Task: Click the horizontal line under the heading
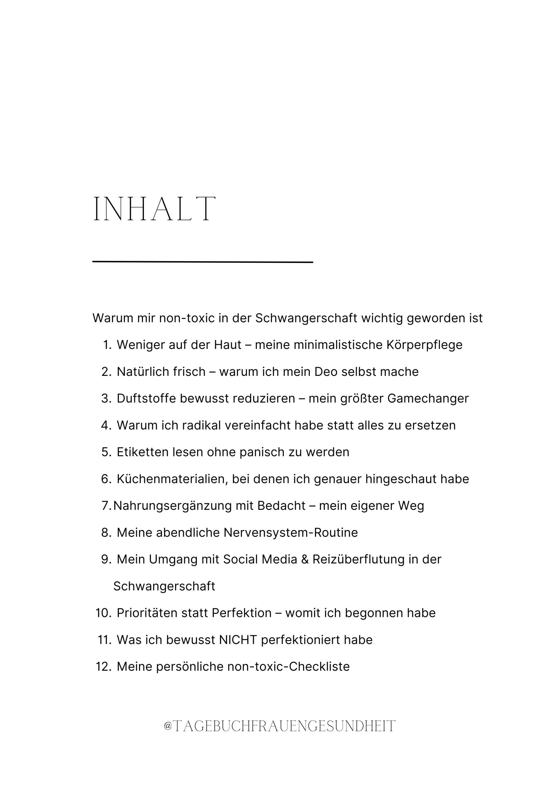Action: pos(203,262)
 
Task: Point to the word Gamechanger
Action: pos(428,398)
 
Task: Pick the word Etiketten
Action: pos(143,452)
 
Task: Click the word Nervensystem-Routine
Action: pos(291,533)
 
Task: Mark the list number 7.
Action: pos(106,506)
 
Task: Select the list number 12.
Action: pos(103,666)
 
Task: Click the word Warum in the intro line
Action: pos(113,318)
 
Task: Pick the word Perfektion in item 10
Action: pos(242,613)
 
